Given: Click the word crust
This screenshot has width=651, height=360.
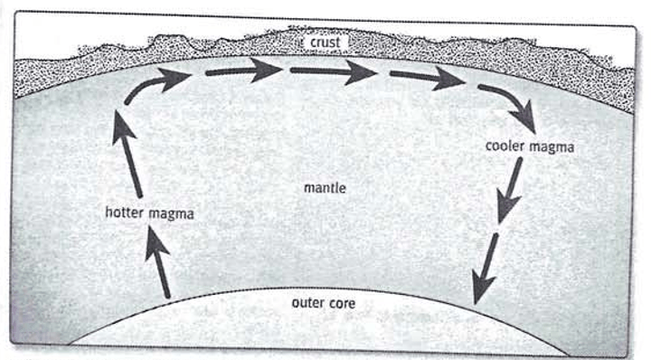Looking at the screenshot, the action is (x=325, y=43).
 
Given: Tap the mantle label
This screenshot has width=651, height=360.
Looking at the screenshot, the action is (x=325, y=188).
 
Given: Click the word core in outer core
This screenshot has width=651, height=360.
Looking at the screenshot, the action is (x=342, y=304).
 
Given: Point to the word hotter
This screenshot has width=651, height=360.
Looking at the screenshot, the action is (x=125, y=213).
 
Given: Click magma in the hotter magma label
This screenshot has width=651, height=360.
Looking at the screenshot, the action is (x=172, y=214).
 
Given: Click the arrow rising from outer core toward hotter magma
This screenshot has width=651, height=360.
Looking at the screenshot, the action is (x=158, y=263).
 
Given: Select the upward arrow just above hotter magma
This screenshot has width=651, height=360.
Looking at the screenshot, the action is (x=127, y=154).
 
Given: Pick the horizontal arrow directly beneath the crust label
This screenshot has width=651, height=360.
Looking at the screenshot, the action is (x=334, y=71).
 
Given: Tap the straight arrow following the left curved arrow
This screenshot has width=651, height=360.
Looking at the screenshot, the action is (x=244, y=71).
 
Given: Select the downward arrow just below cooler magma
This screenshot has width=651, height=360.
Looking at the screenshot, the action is (x=510, y=190).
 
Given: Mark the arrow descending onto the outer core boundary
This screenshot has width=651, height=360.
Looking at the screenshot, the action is (x=485, y=269).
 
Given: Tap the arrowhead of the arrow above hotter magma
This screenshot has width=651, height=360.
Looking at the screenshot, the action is (x=123, y=127).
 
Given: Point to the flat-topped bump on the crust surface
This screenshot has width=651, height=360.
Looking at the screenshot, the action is (x=170, y=40).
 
